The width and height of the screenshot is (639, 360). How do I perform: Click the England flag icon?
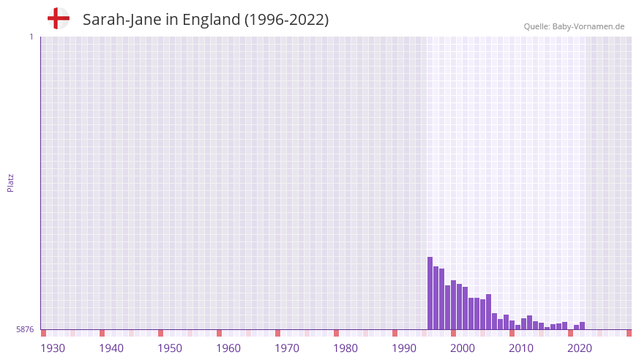point(58,18)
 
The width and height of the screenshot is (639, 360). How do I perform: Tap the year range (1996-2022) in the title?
point(286,20)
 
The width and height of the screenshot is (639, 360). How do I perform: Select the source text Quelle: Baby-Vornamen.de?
point(574,26)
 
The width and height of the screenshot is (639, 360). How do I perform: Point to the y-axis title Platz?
point(10,182)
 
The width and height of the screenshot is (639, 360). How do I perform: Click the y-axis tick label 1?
point(31,37)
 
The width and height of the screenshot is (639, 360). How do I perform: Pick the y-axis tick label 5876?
point(25,330)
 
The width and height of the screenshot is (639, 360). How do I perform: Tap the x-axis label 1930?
point(53,348)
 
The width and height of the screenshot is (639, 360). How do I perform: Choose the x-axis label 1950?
point(170,348)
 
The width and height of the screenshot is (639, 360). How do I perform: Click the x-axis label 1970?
point(287,348)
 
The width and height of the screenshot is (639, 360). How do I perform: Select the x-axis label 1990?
point(404,348)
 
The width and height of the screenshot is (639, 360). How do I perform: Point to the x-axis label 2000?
point(463,348)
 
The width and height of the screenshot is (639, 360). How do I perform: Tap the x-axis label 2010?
point(521,348)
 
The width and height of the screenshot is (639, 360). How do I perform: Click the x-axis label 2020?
point(580,348)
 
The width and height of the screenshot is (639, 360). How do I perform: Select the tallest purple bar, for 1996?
point(430,293)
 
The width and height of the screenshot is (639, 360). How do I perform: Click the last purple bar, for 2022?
point(583,326)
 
